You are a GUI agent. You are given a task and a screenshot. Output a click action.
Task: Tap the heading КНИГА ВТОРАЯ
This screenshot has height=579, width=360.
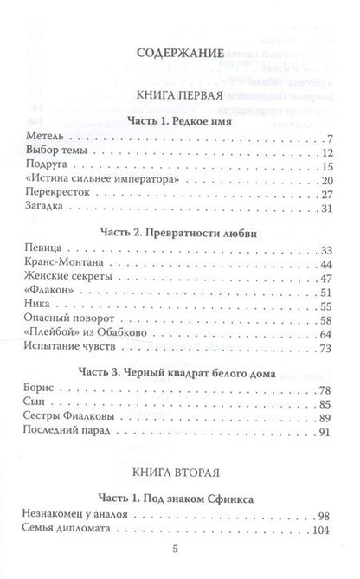(180, 474)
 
